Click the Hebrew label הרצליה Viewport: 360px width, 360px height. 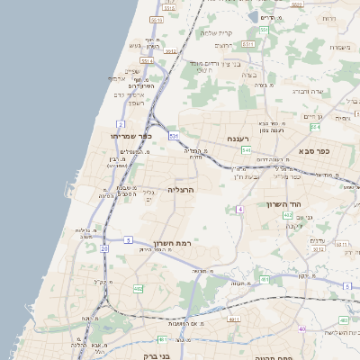(181, 192)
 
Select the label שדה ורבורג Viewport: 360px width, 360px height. (332, 91)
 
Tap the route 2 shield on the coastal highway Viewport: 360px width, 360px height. (120, 123)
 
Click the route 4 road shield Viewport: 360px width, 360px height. (240, 209)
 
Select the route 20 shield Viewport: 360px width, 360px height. (104, 248)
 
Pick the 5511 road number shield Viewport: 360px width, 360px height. (157, 19)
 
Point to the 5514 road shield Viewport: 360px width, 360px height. (147, 61)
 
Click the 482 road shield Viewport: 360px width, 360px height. (138, 289)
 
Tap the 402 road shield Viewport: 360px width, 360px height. (287, 215)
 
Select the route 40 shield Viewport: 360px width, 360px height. (302, 329)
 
